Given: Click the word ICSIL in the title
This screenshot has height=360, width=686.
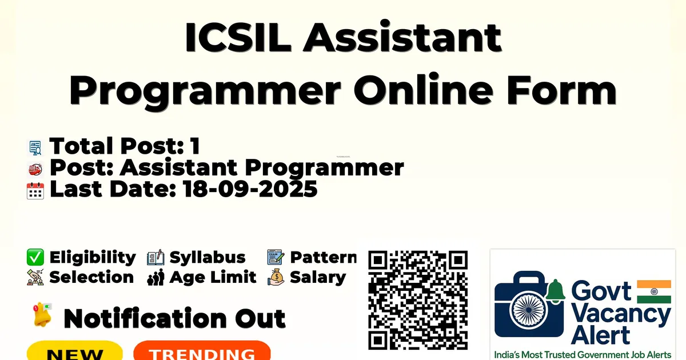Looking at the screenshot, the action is click(238, 37).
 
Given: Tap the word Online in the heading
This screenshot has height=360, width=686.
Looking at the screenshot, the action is click(423, 89).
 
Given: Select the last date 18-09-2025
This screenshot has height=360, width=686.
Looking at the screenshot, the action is click(250, 189).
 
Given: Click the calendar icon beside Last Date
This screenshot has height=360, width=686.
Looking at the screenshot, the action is click(35, 191).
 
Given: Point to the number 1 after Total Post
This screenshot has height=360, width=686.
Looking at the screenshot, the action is click(196, 146).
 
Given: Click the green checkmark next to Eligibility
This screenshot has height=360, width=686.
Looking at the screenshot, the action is click(35, 257).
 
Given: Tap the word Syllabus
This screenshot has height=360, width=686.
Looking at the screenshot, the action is click(208, 257).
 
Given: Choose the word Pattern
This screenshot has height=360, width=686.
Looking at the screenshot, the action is click(324, 257).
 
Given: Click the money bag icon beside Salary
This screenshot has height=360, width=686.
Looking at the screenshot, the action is click(276, 277).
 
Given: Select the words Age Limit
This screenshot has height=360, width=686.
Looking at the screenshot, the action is click(213, 277).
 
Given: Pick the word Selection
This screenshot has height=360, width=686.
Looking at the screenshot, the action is click(91, 277).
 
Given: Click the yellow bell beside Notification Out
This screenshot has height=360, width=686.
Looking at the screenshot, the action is click(42, 315).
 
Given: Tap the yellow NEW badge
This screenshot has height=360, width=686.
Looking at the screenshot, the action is click(75, 351).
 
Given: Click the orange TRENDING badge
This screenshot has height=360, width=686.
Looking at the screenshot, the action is click(202, 351).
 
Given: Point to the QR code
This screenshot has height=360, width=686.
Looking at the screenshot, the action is click(418, 300).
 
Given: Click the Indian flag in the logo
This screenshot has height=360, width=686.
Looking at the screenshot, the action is click(654, 291).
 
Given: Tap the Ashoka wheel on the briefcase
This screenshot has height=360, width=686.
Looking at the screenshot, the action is click(529, 310).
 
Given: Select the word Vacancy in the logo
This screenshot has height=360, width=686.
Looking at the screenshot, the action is click(621, 315).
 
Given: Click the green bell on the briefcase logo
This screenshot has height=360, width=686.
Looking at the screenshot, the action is click(555, 291).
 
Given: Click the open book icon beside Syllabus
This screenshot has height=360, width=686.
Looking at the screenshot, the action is click(155, 257).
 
